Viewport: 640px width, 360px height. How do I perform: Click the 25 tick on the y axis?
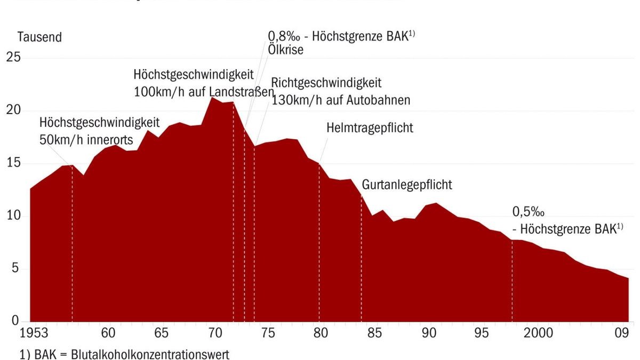(x=13, y=58)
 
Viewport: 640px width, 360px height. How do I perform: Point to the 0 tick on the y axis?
(x=15, y=321)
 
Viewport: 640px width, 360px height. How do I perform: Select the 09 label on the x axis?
(x=621, y=334)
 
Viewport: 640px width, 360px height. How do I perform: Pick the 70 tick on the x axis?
(x=214, y=334)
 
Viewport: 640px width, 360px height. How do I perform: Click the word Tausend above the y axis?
(x=39, y=38)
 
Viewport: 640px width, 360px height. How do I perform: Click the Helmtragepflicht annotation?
(x=370, y=129)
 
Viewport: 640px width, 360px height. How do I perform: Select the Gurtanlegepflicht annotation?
(x=407, y=185)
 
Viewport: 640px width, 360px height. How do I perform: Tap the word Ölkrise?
(x=285, y=50)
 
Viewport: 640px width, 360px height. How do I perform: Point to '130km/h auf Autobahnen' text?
(x=341, y=100)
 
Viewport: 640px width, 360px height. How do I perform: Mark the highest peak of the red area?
(x=212, y=98)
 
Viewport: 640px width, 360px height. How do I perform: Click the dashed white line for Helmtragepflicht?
(x=319, y=240)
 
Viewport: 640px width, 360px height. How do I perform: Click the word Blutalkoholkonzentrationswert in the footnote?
(x=150, y=354)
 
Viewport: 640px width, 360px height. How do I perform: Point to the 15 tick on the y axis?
(x=13, y=163)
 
